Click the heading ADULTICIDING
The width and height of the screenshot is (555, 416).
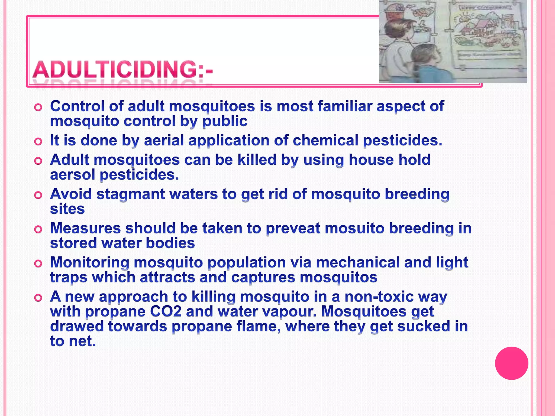pos(122,70)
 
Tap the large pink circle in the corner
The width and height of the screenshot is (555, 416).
pos(511,363)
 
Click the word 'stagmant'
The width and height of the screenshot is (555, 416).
pos(131,194)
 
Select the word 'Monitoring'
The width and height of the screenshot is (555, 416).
pos(90,262)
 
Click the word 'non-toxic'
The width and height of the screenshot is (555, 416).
pos(379,297)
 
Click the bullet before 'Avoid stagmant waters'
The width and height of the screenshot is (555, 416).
pos(38,195)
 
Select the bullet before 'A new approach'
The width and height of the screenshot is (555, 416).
pos(38,298)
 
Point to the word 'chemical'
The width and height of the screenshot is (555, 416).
pos(325,141)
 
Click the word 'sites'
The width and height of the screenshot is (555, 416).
pos(67,209)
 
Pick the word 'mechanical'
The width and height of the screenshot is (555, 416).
pos(358,262)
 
